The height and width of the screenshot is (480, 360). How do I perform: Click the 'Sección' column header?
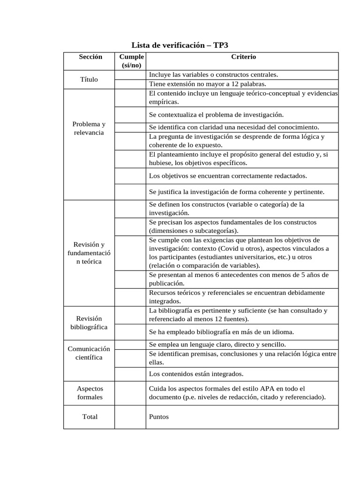click(x=90, y=57)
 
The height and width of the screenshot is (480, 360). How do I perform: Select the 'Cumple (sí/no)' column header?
click(x=131, y=61)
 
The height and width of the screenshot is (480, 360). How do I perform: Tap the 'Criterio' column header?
click(x=243, y=57)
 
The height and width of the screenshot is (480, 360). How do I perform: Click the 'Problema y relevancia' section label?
click(x=89, y=128)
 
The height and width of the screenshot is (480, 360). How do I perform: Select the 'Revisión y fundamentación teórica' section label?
click(x=89, y=253)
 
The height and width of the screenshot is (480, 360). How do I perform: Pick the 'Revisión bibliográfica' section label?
click(x=89, y=322)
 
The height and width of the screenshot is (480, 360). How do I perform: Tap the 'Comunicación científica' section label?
click(x=89, y=353)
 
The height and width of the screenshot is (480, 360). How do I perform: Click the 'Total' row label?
click(x=90, y=417)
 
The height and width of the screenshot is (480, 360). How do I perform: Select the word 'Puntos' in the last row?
click(x=158, y=417)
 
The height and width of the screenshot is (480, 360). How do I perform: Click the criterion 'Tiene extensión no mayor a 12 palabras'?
click(x=207, y=84)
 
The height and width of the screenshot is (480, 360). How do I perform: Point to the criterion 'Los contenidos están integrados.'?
click(x=196, y=374)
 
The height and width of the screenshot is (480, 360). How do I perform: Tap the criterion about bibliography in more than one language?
click(x=221, y=331)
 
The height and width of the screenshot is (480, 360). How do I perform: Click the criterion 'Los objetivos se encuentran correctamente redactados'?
click(x=228, y=175)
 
